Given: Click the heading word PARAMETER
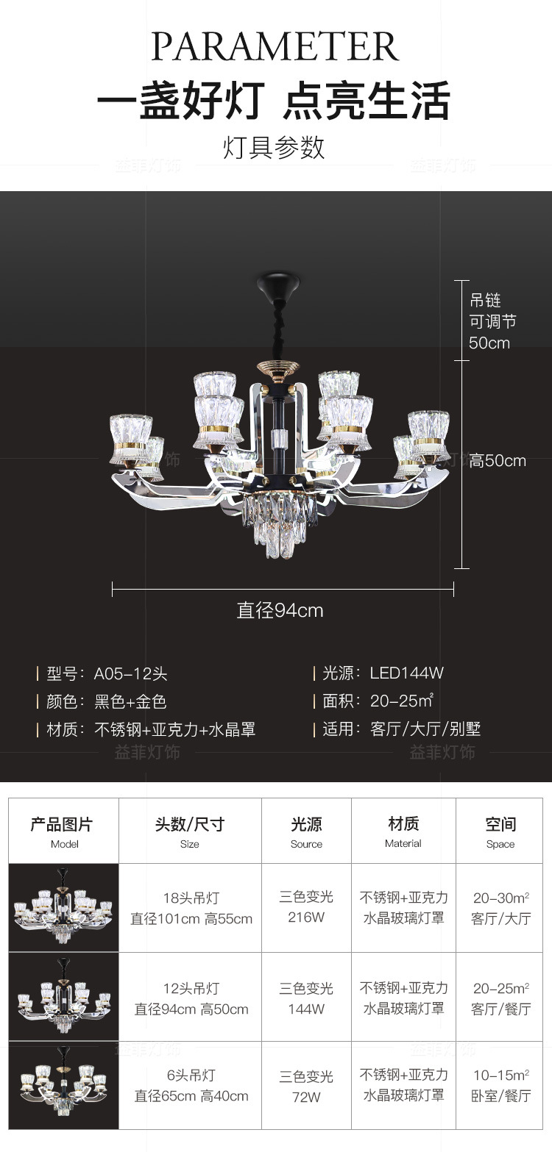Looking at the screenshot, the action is [x=275, y=46].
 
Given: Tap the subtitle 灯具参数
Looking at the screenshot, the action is [x=274, y=147].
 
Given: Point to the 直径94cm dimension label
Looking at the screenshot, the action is [x=280, y=610].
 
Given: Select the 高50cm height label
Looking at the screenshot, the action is [x=498, y=461].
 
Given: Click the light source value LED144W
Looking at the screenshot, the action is [x=406, y=673].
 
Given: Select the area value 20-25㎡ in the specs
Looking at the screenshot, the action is [x=402, y=701].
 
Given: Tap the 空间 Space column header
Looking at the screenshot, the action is [x=500, y=831].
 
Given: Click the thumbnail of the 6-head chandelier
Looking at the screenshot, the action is [x=64, y=1085].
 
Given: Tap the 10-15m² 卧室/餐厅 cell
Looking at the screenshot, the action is [x=500, y=1085].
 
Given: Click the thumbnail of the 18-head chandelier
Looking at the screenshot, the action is [x=64, y=908].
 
